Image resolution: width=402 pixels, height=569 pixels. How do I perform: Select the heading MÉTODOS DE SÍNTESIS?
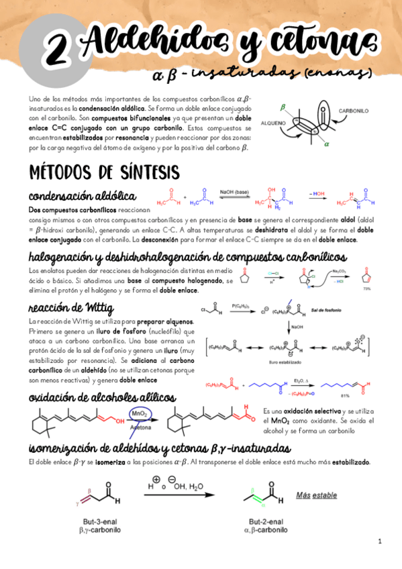103,171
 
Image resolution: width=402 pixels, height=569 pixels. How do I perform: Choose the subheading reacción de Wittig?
71,308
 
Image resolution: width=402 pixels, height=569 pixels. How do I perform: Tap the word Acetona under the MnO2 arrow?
141,426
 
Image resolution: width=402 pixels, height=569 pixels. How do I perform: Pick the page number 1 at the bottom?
379,541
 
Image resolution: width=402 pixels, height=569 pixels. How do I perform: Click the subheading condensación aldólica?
83,197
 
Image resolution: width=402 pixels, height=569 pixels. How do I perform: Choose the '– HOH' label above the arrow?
317,193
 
